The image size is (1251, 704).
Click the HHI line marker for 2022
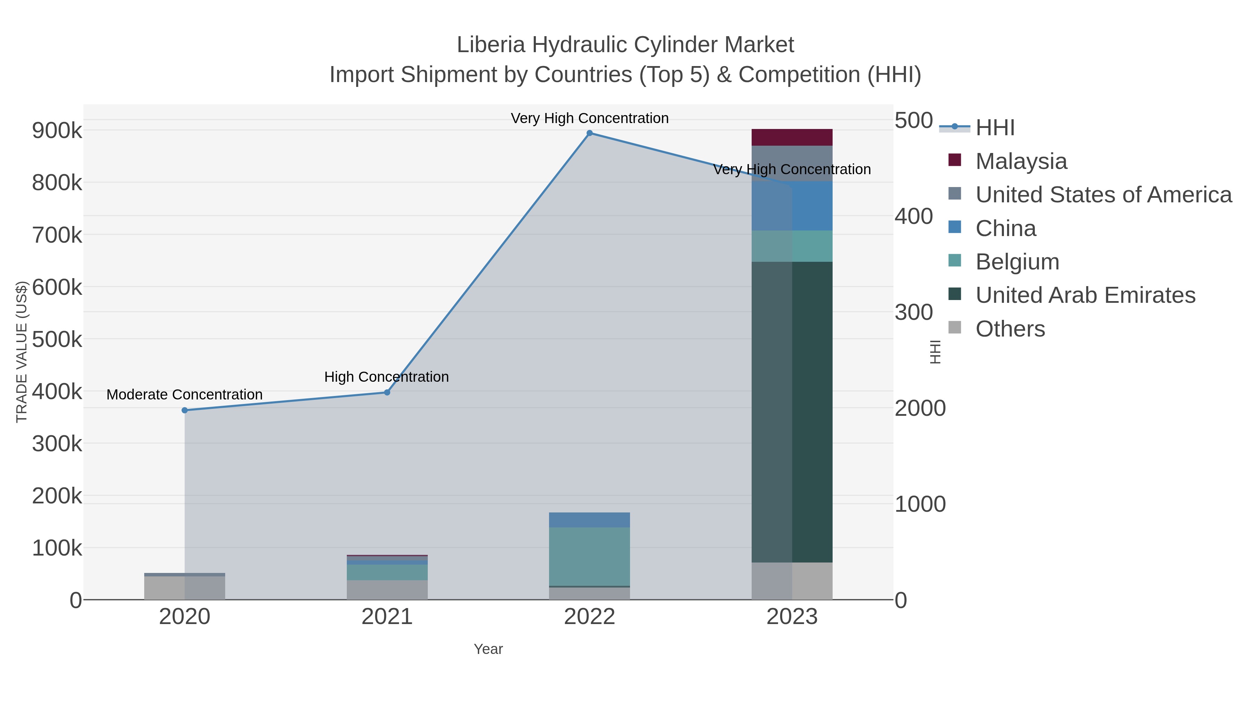[590, 133]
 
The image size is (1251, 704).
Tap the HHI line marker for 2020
[185, 410]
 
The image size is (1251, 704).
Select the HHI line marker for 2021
[387, 392]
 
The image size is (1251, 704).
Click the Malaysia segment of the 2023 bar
[792, 137]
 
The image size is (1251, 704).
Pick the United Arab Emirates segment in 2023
[792, 412]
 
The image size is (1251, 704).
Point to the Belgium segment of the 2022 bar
[590, 556]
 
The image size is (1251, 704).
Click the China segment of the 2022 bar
[590, 520]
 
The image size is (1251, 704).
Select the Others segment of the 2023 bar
[792, 581]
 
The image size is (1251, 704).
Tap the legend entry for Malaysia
[1021, 161]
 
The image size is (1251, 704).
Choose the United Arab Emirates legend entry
[1085, 296]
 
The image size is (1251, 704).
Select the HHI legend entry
[995, 128]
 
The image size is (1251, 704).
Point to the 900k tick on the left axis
[57, 131]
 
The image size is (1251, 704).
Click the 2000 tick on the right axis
[920, 408]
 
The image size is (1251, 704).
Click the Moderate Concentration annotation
[185, 395]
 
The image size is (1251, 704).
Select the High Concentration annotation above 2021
[386, 377]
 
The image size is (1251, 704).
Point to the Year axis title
[488, 649]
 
